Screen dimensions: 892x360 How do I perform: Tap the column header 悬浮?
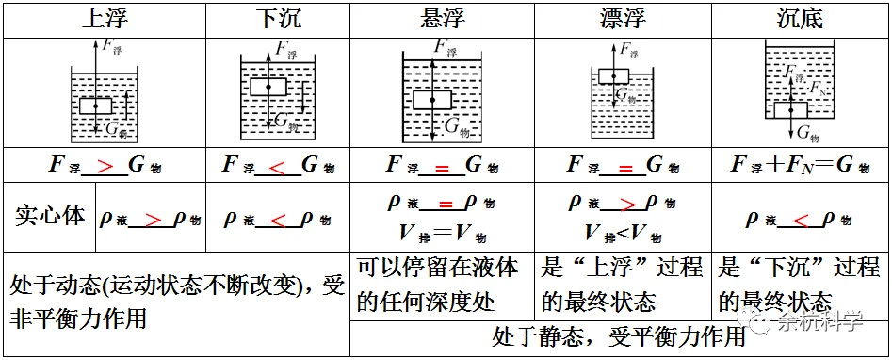(441, 19)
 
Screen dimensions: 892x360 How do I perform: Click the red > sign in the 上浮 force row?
(106, 166)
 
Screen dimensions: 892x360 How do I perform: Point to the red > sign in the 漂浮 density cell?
(623, 203)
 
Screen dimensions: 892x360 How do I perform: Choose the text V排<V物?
(623, 233)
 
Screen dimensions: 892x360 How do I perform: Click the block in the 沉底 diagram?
(791, 109)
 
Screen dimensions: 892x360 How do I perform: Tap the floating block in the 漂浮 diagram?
(613, 76)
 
